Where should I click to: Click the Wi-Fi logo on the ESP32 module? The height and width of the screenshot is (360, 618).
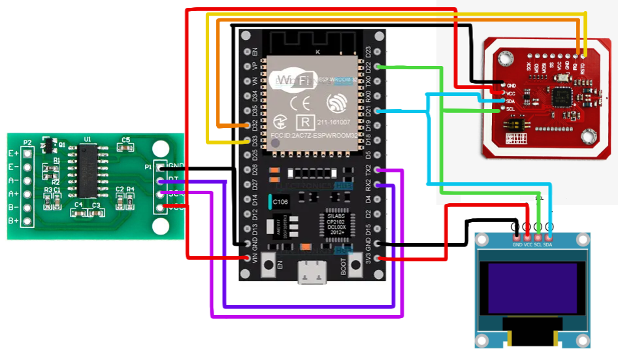pos(291,80)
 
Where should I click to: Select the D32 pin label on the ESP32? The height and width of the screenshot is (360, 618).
pos(255,125)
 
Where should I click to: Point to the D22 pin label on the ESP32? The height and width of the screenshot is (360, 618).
pos(368,67)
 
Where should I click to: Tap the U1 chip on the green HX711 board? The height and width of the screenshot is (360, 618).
pos(86,170)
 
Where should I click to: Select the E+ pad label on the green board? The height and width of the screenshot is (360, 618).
pos(13,154)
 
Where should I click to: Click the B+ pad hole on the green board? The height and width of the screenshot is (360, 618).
pos(27,221)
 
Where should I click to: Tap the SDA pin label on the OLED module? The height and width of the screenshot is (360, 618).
pos(547,244)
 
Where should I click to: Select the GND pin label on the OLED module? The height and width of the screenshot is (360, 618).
pos(517,244)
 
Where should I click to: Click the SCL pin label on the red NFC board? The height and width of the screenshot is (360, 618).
pos(510,109)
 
